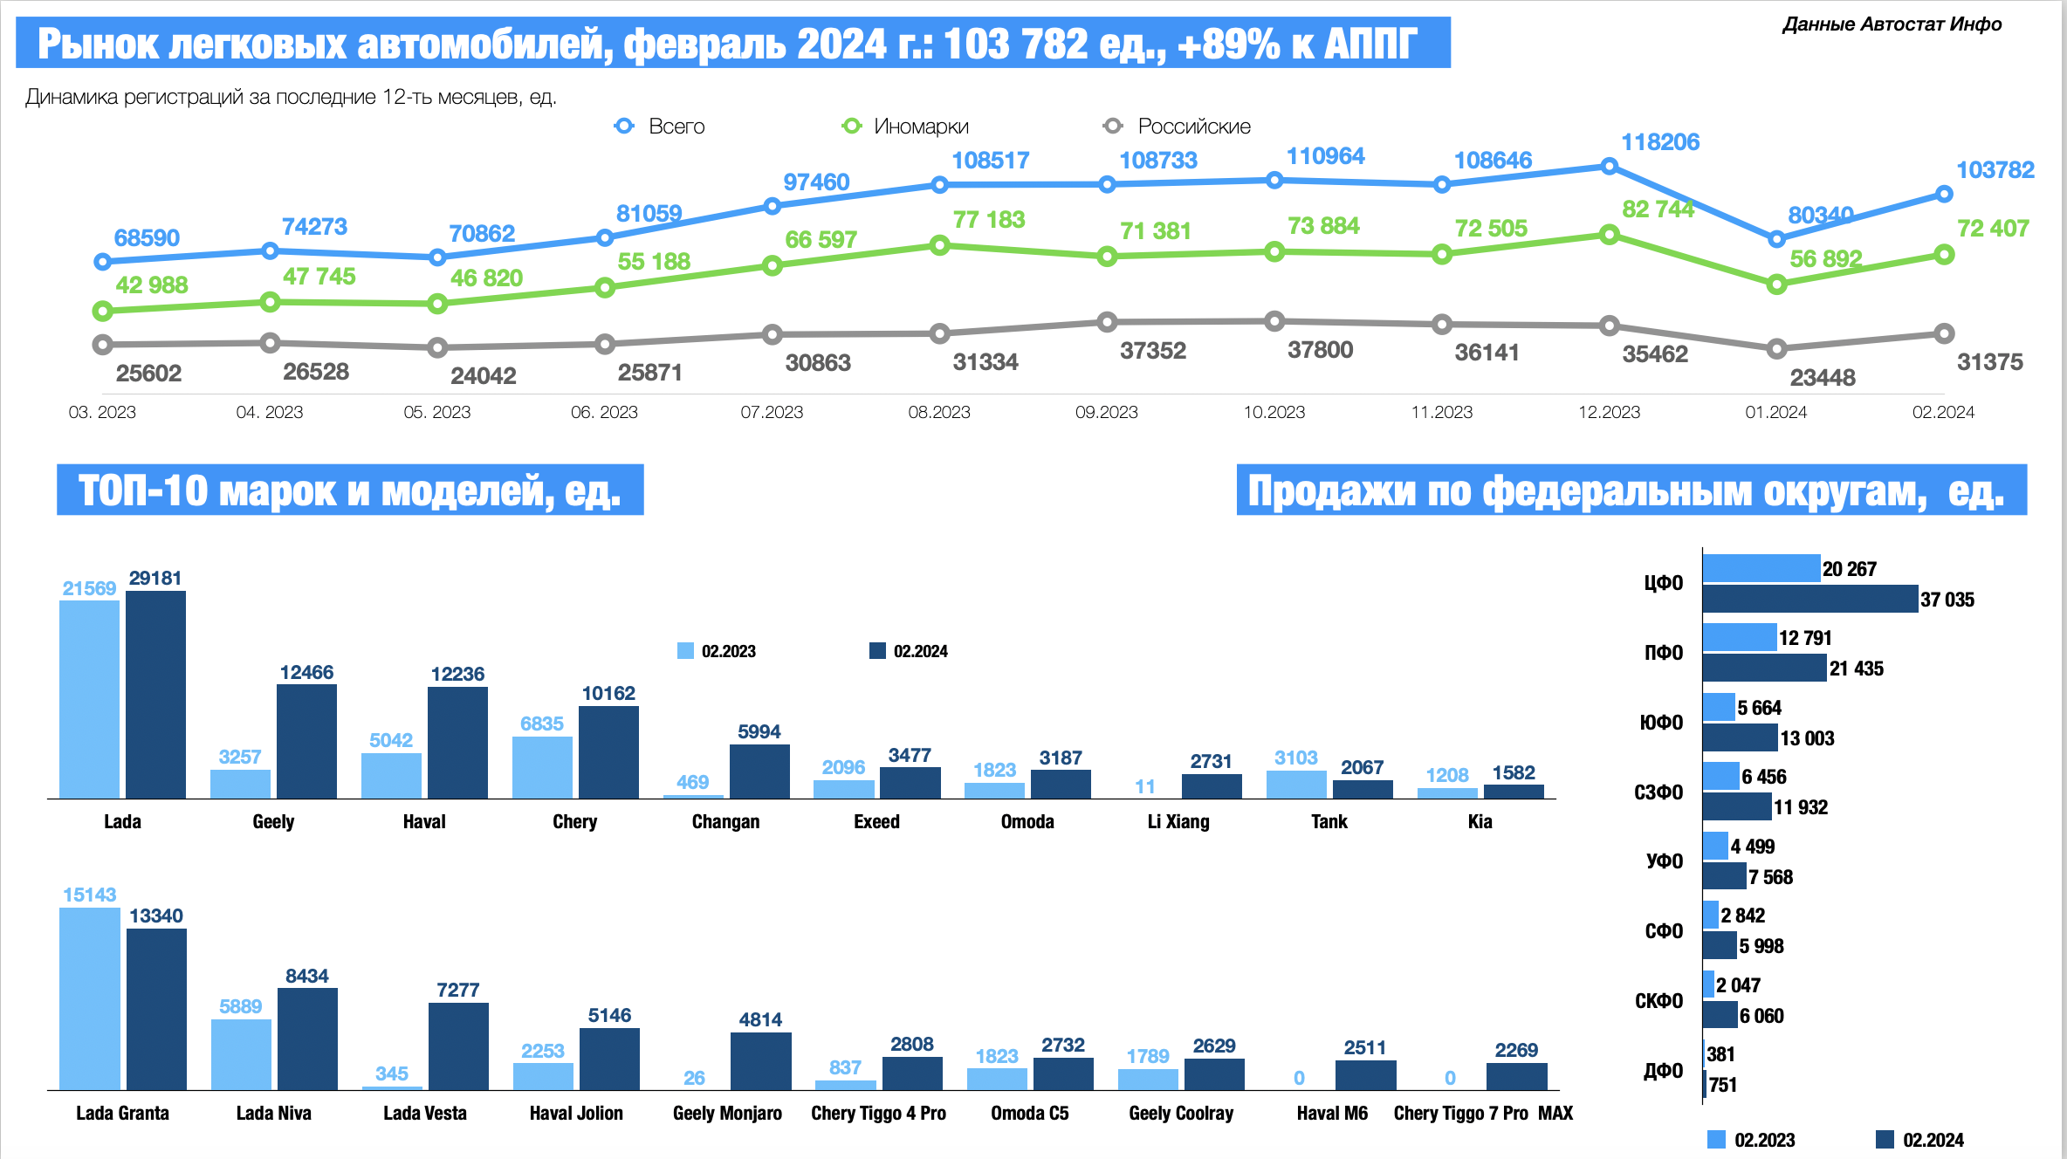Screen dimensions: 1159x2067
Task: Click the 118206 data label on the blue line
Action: click(x=1659, y=142)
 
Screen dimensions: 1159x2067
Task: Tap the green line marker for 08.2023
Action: click(x=939, y=245)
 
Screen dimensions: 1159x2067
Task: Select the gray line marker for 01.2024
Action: click(x=1776, y=349)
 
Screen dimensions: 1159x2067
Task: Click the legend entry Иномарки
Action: click(x=921, y=127)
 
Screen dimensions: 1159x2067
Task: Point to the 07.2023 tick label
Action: click(x=772, y=412)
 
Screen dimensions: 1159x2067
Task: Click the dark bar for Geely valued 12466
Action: click(x=306, y=741)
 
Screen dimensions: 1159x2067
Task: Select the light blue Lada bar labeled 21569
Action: click(x=89, y=699)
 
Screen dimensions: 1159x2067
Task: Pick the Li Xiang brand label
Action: click(x=1178, y=821)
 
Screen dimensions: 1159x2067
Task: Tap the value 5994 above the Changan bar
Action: click(x=759, y=731)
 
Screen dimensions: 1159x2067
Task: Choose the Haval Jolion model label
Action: click(x=576, y=1113)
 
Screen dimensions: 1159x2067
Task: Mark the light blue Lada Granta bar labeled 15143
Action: click(x=89, y=998)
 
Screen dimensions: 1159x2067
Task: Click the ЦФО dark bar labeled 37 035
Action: click(x=1809, y=599)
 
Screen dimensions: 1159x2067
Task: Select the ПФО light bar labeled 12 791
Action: click(x=1739, y=637)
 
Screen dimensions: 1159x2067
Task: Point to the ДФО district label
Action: click(x=1664, y=1070)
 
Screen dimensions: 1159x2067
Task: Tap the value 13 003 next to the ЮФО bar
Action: click(x=1807, y=738)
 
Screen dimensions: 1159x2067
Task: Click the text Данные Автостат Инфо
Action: click(x=1892, y=24)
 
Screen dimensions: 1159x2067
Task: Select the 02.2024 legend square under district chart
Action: click(x=1885, y=1139)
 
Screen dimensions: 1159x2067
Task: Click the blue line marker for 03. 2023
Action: click(x=102, y=262)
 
